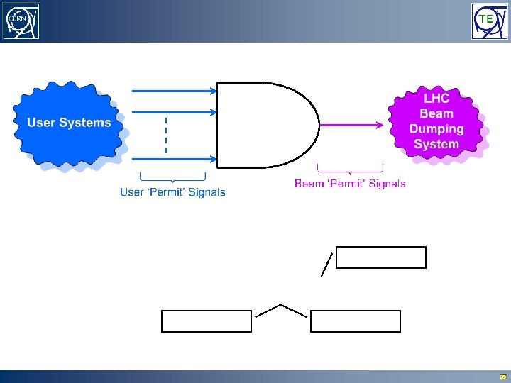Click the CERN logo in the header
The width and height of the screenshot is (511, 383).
(21, 21)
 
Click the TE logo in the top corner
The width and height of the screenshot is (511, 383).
(489, 21)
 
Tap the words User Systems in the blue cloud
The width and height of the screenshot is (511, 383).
(69, 123)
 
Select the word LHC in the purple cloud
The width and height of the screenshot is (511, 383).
(436, 99)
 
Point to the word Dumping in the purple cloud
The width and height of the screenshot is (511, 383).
(436, 129)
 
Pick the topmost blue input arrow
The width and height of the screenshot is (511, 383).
(175, 90)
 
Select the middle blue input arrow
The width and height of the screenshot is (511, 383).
(175, 111)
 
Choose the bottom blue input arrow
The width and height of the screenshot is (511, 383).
(175, 159)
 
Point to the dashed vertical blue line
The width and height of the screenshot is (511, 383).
(165, 135)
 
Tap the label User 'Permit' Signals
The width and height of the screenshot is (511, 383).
(172, 192)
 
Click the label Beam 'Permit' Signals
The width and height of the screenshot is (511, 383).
(350, 184)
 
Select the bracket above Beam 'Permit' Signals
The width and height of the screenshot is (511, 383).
(350, 169)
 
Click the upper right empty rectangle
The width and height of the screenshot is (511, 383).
(381, 257)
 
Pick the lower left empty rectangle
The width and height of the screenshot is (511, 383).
(207, 321)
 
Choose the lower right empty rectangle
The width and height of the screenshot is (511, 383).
(356, 321)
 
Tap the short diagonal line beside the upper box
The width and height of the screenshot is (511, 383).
(326, 264)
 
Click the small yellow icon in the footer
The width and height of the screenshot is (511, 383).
(503, 377)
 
